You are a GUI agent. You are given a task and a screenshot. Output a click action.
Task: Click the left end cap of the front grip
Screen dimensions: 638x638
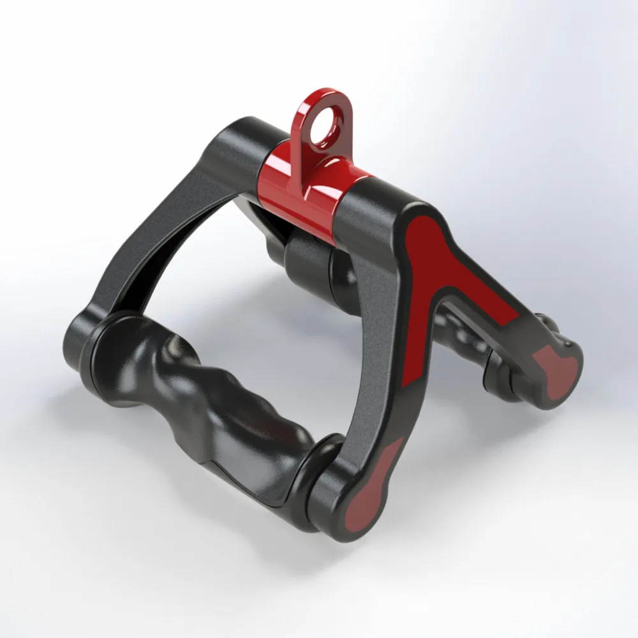tap(96, 357)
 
